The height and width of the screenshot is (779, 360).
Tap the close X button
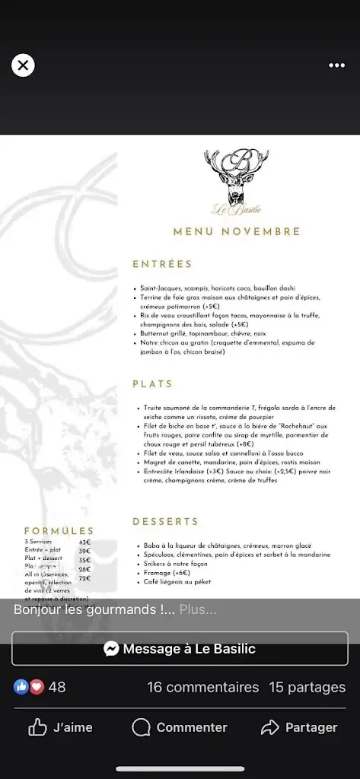click(x=23, y=65)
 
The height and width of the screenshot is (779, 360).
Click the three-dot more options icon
click(x=336, y=65)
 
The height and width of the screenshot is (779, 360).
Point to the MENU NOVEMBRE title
click(x=237, y=231)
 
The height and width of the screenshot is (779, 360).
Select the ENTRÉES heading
click(x=162, y=264)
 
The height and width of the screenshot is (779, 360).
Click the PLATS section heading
click(x=152, y=384)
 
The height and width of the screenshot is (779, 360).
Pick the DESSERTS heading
click(x=165, y=522)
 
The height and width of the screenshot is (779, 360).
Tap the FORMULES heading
click(x=59, y=531)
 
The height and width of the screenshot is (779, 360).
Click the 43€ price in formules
click(x=84, y=542)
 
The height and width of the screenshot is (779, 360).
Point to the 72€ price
click(x=84, y=578)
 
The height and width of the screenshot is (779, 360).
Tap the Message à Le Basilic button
click(x=180, y=649)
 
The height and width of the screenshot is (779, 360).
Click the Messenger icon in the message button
click(x=111, y=649)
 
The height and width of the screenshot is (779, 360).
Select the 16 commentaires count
click(x=203, y=687)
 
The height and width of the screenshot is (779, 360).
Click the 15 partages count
click(x=307, y=687)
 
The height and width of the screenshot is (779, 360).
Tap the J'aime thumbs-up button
click(x=61, y=728)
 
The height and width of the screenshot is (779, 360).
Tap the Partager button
click(x=299, y=728)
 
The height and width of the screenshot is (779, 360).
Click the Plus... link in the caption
click(x=198, y=609)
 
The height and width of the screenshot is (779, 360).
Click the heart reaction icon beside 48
click(x=36, y=687)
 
